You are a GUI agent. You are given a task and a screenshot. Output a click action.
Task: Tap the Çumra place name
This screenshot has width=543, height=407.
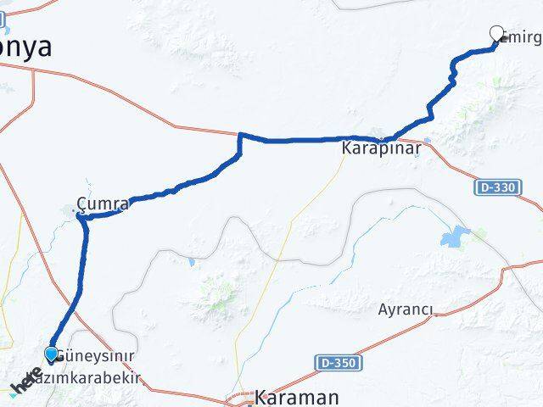[103, 204]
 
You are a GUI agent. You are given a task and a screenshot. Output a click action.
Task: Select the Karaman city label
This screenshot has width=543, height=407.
[285, 397]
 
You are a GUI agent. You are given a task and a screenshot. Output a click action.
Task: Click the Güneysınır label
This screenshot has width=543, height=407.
[96, 354]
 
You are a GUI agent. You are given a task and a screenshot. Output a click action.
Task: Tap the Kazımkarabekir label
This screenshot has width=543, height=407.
[95, 377]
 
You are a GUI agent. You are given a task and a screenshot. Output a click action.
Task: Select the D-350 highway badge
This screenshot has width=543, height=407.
[339, 363]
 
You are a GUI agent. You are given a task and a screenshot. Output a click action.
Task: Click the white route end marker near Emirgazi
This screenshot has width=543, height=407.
[497, 33]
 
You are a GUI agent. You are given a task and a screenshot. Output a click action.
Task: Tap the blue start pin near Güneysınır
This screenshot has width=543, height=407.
[52, 354]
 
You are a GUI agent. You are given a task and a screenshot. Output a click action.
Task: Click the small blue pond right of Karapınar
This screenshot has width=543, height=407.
[427, 141]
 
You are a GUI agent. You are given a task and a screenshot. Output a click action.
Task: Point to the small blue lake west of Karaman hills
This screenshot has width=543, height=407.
[193, 262]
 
